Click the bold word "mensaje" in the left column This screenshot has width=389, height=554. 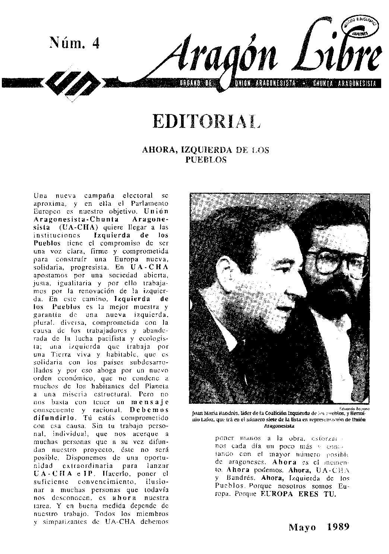(x=150, y=402)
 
